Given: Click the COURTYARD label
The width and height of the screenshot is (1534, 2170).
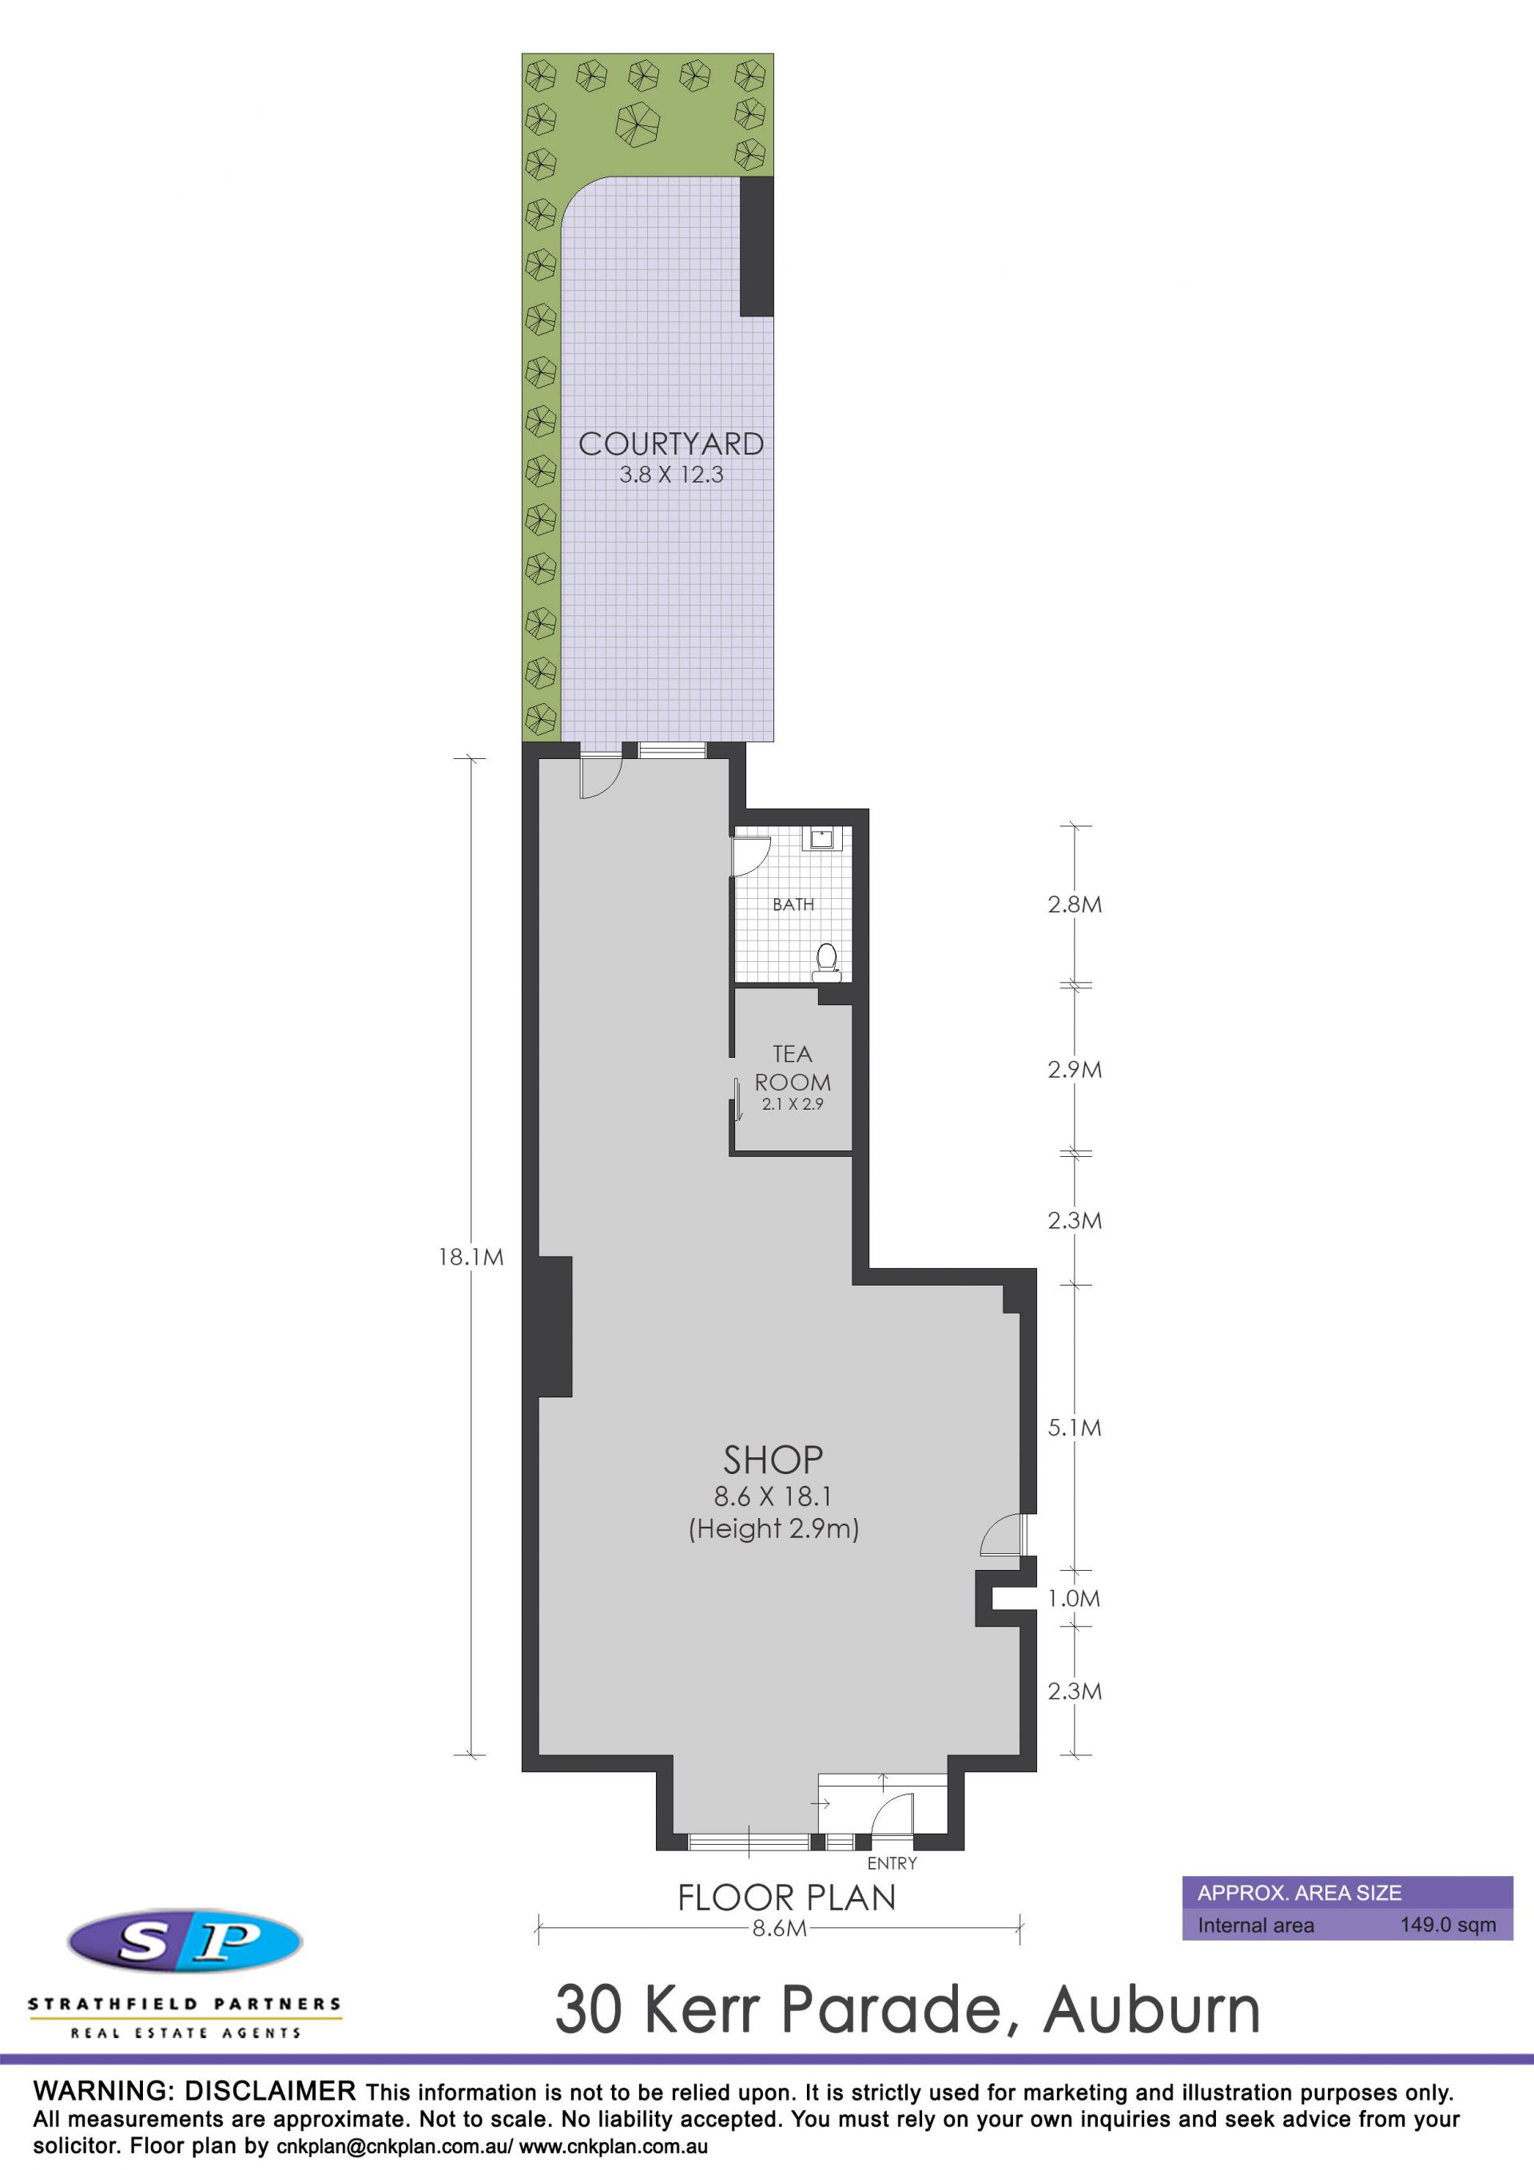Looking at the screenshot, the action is (671, 443).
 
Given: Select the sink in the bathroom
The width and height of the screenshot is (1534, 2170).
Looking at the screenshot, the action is (821, 837).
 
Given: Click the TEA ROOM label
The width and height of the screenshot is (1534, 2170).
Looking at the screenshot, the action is (792, 1068).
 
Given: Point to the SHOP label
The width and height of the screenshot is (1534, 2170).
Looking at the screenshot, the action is (773, 1461).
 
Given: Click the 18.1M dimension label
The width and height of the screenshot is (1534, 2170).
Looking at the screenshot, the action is (471, 1257).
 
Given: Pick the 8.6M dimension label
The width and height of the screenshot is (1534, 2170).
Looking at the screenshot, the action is (780, 1928).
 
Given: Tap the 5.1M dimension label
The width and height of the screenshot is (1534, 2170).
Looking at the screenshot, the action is (1075, 1427).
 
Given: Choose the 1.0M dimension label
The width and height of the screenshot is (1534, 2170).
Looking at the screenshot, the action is (1075, 1598).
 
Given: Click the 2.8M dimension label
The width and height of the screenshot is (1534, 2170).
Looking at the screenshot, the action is (1075, 904).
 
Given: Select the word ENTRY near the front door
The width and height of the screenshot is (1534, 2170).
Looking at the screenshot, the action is (892, 1863).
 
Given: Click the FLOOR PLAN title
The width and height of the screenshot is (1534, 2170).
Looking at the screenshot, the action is (786, 1898).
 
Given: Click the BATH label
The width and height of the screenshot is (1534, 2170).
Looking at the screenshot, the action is (793, 904).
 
